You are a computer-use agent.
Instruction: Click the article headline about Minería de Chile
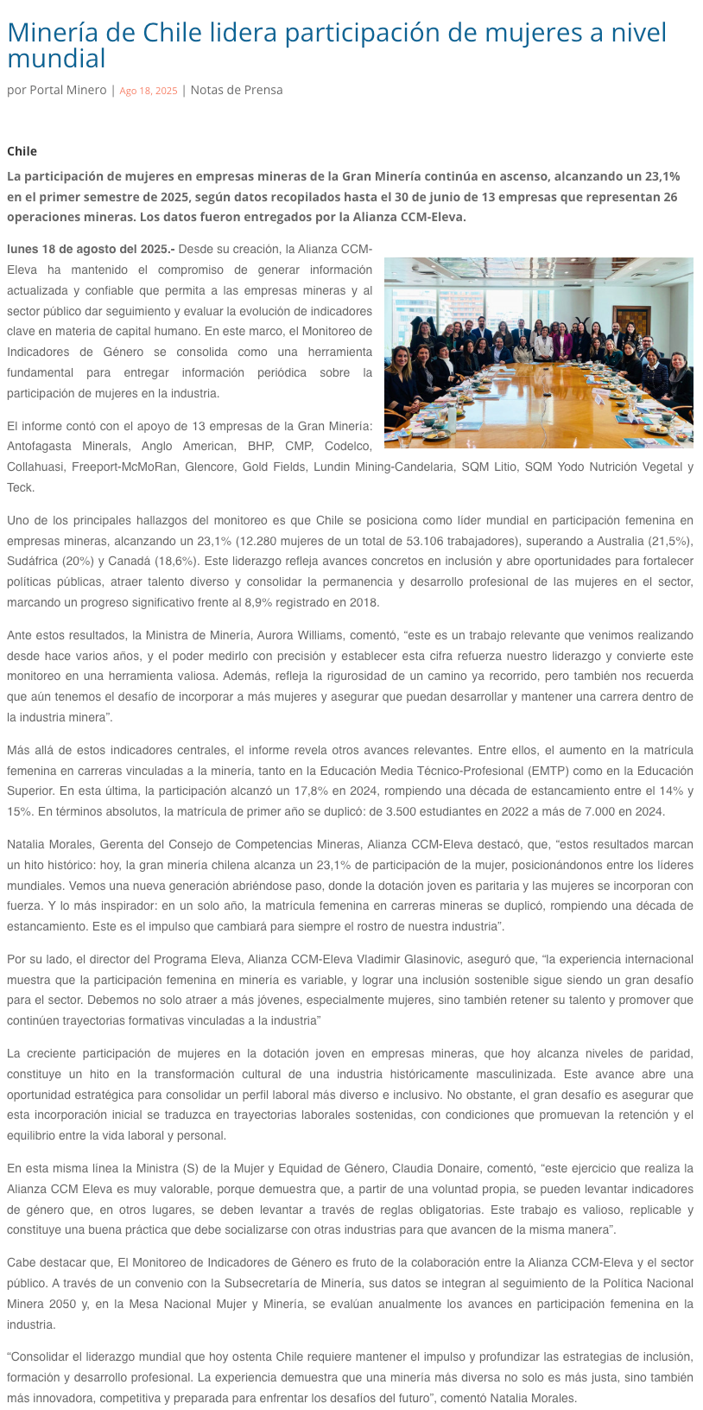(x=337, y=45)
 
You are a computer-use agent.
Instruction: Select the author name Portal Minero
(x=68, y=90)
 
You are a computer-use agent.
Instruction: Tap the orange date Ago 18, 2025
(x=149, y=91)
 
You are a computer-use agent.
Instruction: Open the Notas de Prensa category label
(x=236, y=90)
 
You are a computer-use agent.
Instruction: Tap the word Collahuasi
(x=35, y=467)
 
